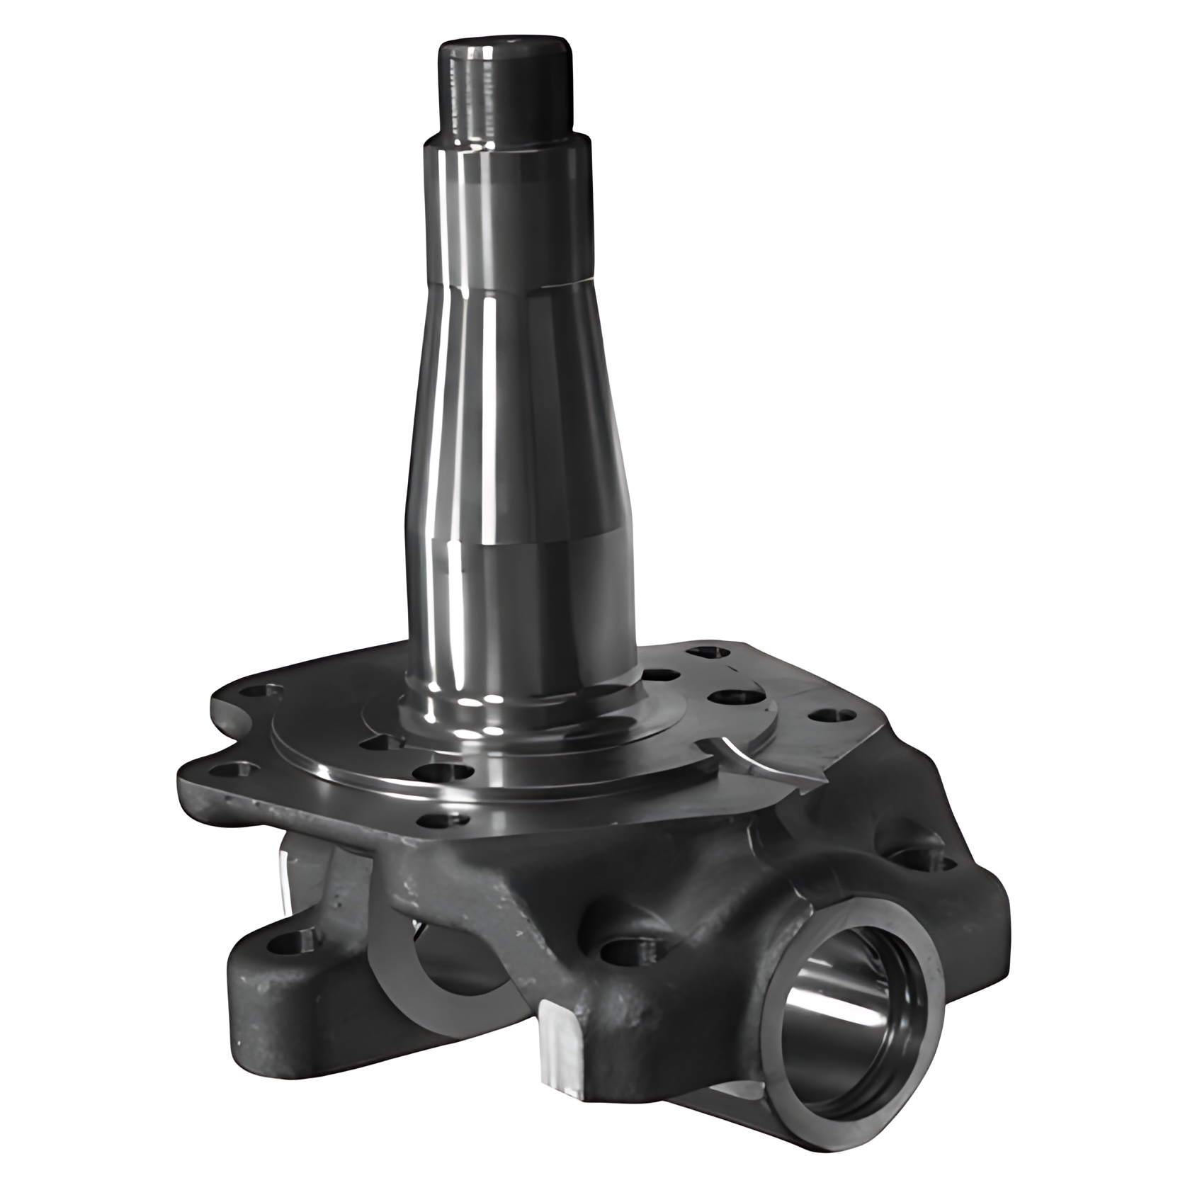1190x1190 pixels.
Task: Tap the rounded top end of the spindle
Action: (504, 48)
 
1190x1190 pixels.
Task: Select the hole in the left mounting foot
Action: (290, 942)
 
